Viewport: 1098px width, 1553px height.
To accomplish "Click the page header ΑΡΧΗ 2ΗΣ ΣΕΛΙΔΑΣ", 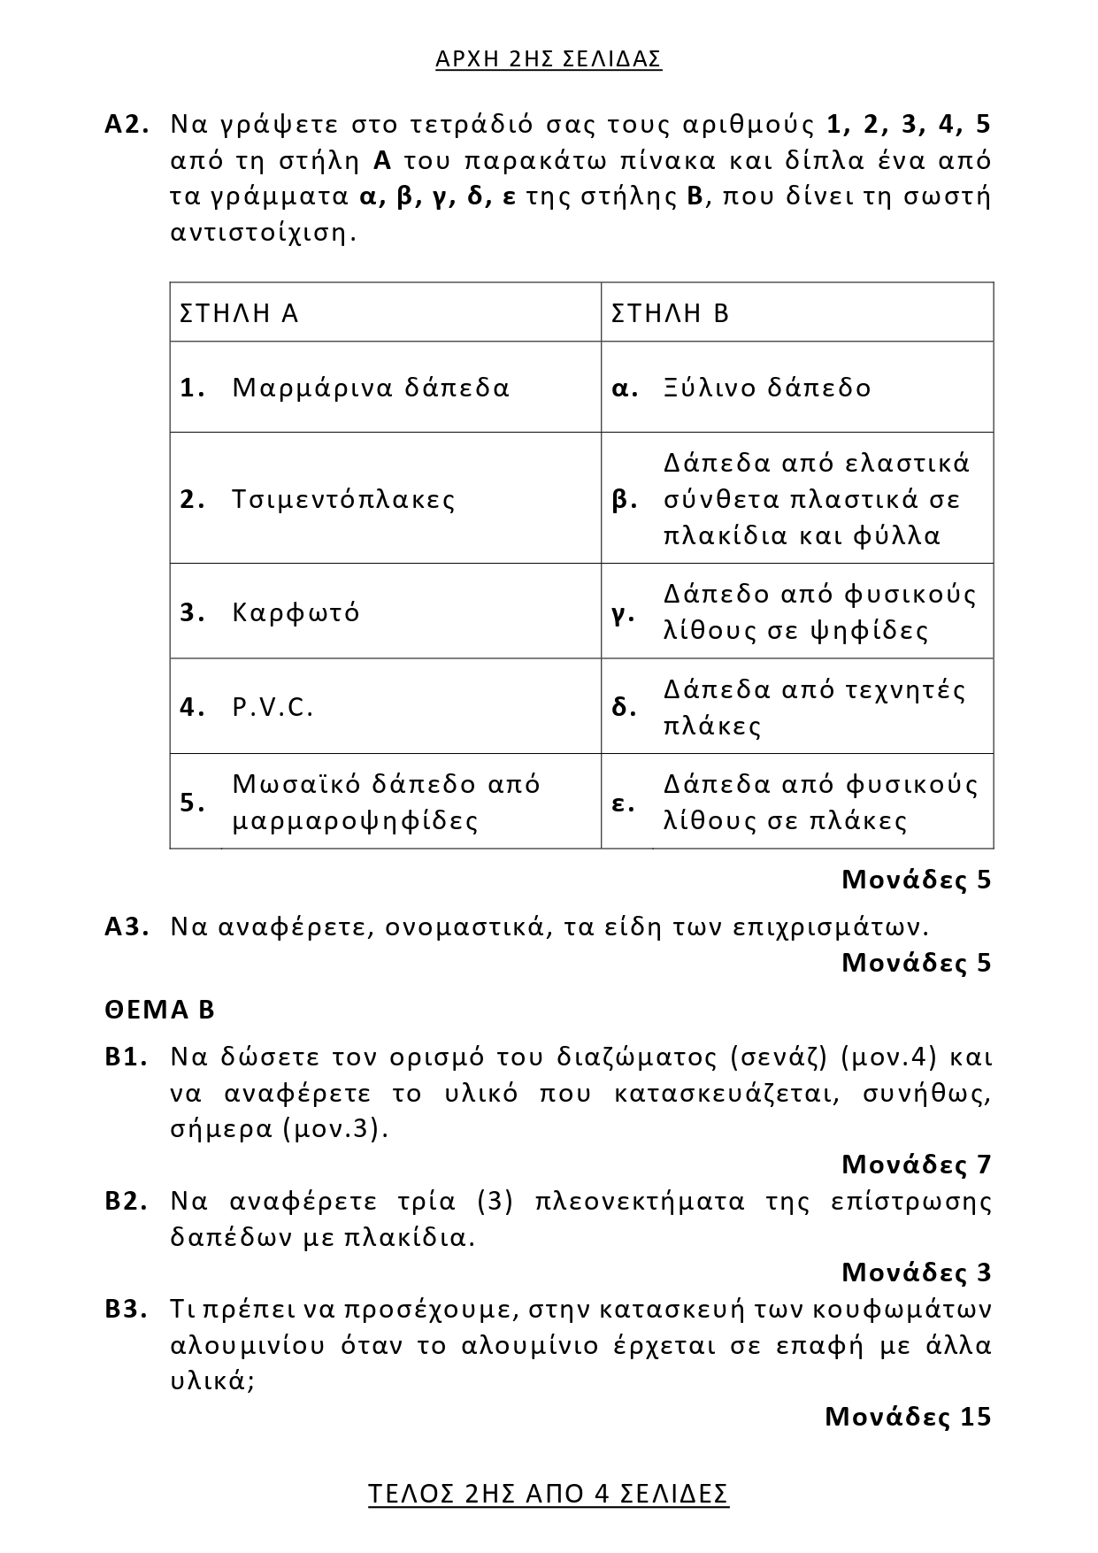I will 549,59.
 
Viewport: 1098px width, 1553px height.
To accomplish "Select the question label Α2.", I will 127,124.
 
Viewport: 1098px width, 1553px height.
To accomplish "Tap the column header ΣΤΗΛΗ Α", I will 239,313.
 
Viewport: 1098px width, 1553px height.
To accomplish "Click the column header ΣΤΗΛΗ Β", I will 670,313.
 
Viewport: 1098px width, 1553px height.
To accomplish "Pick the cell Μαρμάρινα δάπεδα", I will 371,388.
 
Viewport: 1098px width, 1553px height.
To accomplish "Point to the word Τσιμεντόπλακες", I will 343,499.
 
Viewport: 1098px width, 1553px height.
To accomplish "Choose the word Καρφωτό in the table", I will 296,612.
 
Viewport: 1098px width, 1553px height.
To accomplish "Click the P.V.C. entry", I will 273,707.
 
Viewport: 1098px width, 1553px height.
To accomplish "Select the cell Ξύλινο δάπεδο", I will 767,388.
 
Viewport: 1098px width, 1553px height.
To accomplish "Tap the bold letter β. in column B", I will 625,500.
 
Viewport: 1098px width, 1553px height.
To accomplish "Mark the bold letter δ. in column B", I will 624,707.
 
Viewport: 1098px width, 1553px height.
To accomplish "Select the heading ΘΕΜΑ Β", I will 159,1010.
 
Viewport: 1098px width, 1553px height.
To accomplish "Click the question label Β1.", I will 126,1057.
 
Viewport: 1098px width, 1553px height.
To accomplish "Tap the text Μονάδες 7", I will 916,1165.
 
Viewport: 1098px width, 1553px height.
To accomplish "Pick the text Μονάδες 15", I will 908,1417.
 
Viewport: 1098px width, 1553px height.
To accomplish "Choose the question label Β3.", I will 126,1309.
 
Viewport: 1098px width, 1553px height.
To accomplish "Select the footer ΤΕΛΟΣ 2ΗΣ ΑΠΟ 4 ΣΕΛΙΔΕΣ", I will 549,1494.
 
